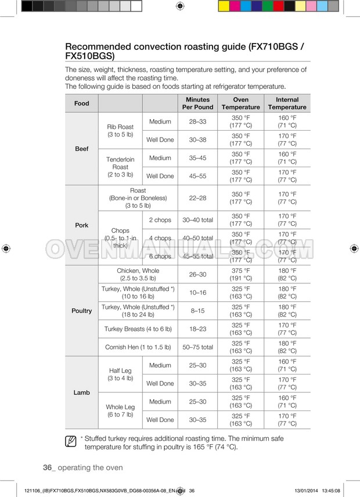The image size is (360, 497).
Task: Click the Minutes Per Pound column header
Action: [197, 103]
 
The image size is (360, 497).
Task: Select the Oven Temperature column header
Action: [240, 103]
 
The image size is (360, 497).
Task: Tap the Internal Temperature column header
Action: [287, 103]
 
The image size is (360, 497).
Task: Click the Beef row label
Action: [82, 149]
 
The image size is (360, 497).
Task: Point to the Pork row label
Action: [82, 225]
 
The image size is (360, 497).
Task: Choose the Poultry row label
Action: [82, 311]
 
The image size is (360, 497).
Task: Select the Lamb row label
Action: [82, 392]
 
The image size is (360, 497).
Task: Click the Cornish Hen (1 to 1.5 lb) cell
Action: [138, 347]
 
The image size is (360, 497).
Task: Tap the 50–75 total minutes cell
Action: [197, 347]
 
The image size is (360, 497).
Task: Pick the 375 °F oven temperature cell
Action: [240, 275]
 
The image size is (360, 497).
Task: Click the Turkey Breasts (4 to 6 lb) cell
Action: [138, 329]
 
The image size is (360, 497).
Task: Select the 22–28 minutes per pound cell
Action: [197, 198]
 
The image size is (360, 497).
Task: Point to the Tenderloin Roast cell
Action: [120, 167]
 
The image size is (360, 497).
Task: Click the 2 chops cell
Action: [160, 220]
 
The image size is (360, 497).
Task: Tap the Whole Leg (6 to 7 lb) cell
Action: [120, 410]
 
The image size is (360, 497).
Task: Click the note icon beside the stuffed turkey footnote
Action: [71, 442]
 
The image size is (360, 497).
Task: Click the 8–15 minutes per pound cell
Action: [197, 311]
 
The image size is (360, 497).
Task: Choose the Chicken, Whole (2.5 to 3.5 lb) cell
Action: [138, 275]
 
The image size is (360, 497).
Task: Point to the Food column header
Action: [82, 103]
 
